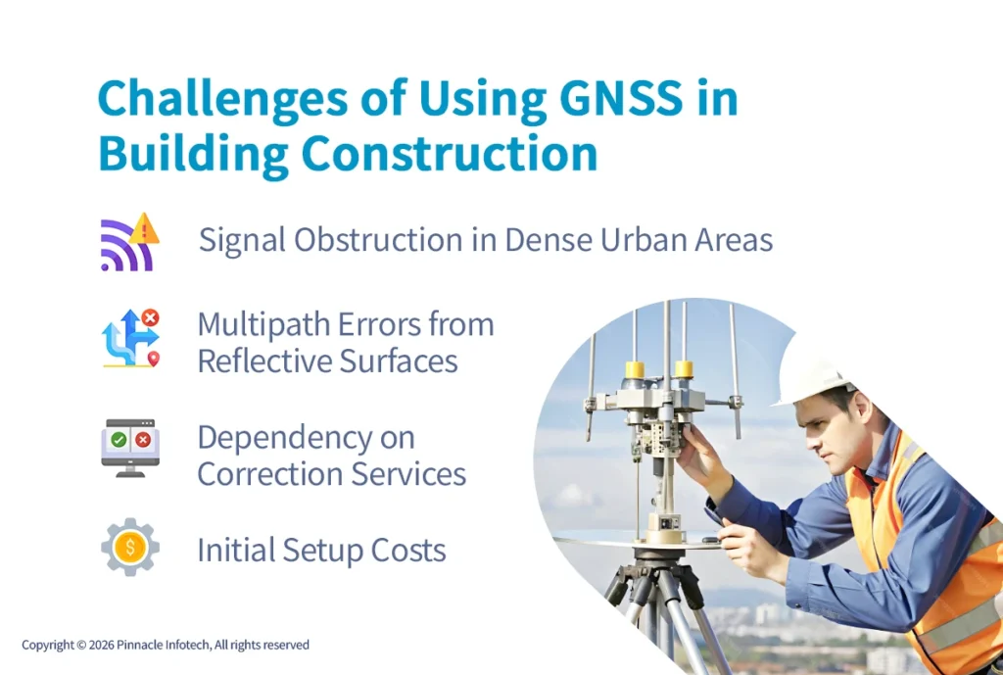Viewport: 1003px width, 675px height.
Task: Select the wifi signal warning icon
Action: [129, 242]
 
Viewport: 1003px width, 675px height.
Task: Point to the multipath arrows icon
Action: [129, 339]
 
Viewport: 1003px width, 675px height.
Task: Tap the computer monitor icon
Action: [129, 447]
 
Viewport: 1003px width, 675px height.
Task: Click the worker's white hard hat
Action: [813, 367]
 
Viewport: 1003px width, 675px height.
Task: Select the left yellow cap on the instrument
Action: [635, 370]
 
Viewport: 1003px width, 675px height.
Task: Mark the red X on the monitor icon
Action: [143, 440]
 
